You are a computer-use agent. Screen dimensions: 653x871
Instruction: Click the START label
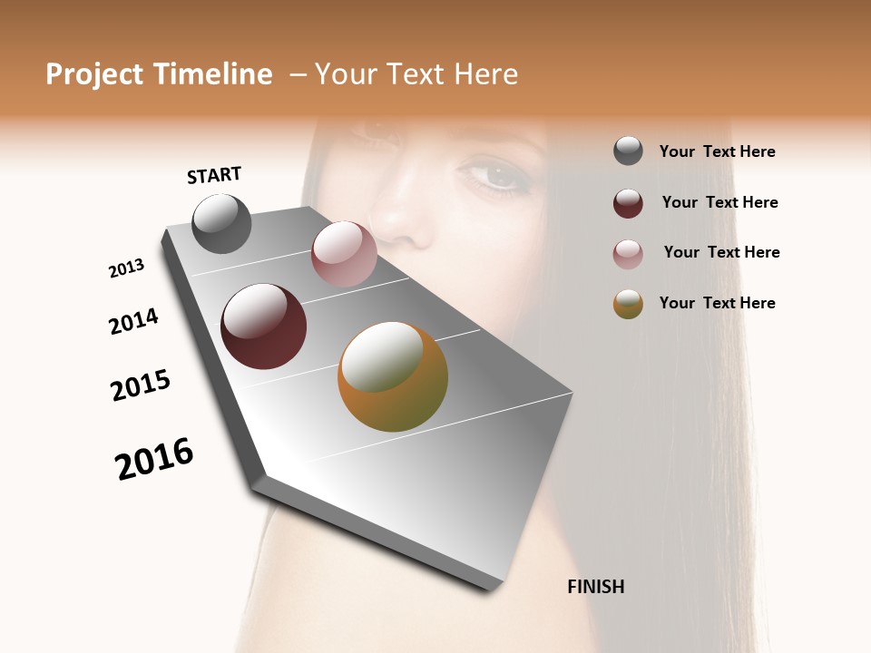[214, 175]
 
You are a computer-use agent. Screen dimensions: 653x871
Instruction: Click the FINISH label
[595, 587]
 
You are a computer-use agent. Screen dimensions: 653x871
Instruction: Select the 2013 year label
[126, 268]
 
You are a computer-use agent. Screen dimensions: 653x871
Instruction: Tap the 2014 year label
[133, 322]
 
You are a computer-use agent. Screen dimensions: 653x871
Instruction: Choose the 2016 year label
[154, 459]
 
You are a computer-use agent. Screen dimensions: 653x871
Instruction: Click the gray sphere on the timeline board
[221, 223]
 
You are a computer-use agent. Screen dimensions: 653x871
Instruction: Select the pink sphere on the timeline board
[344, 254]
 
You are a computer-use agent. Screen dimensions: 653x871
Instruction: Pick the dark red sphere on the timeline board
[263, 326]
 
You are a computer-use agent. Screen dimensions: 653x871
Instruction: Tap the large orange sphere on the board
[393, 376]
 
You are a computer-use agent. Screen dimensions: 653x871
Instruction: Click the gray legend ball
[628, 151]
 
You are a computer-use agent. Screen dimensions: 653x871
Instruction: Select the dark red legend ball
[628, 203]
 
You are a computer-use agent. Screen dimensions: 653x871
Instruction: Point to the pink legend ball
[628, 254]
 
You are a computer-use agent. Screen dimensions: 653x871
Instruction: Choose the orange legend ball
[628, 304]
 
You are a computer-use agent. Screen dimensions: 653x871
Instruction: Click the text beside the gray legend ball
[717, 152]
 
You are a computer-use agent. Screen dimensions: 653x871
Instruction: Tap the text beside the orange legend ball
[717, 303]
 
